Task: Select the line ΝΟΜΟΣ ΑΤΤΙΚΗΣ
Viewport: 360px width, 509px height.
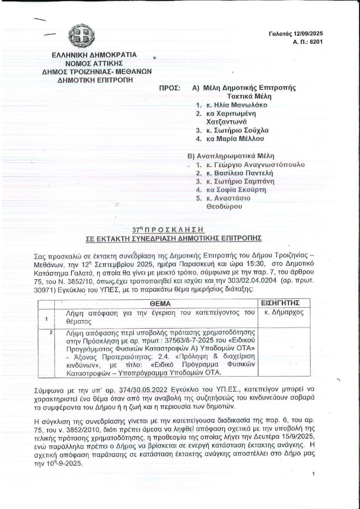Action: coord(92,63)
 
